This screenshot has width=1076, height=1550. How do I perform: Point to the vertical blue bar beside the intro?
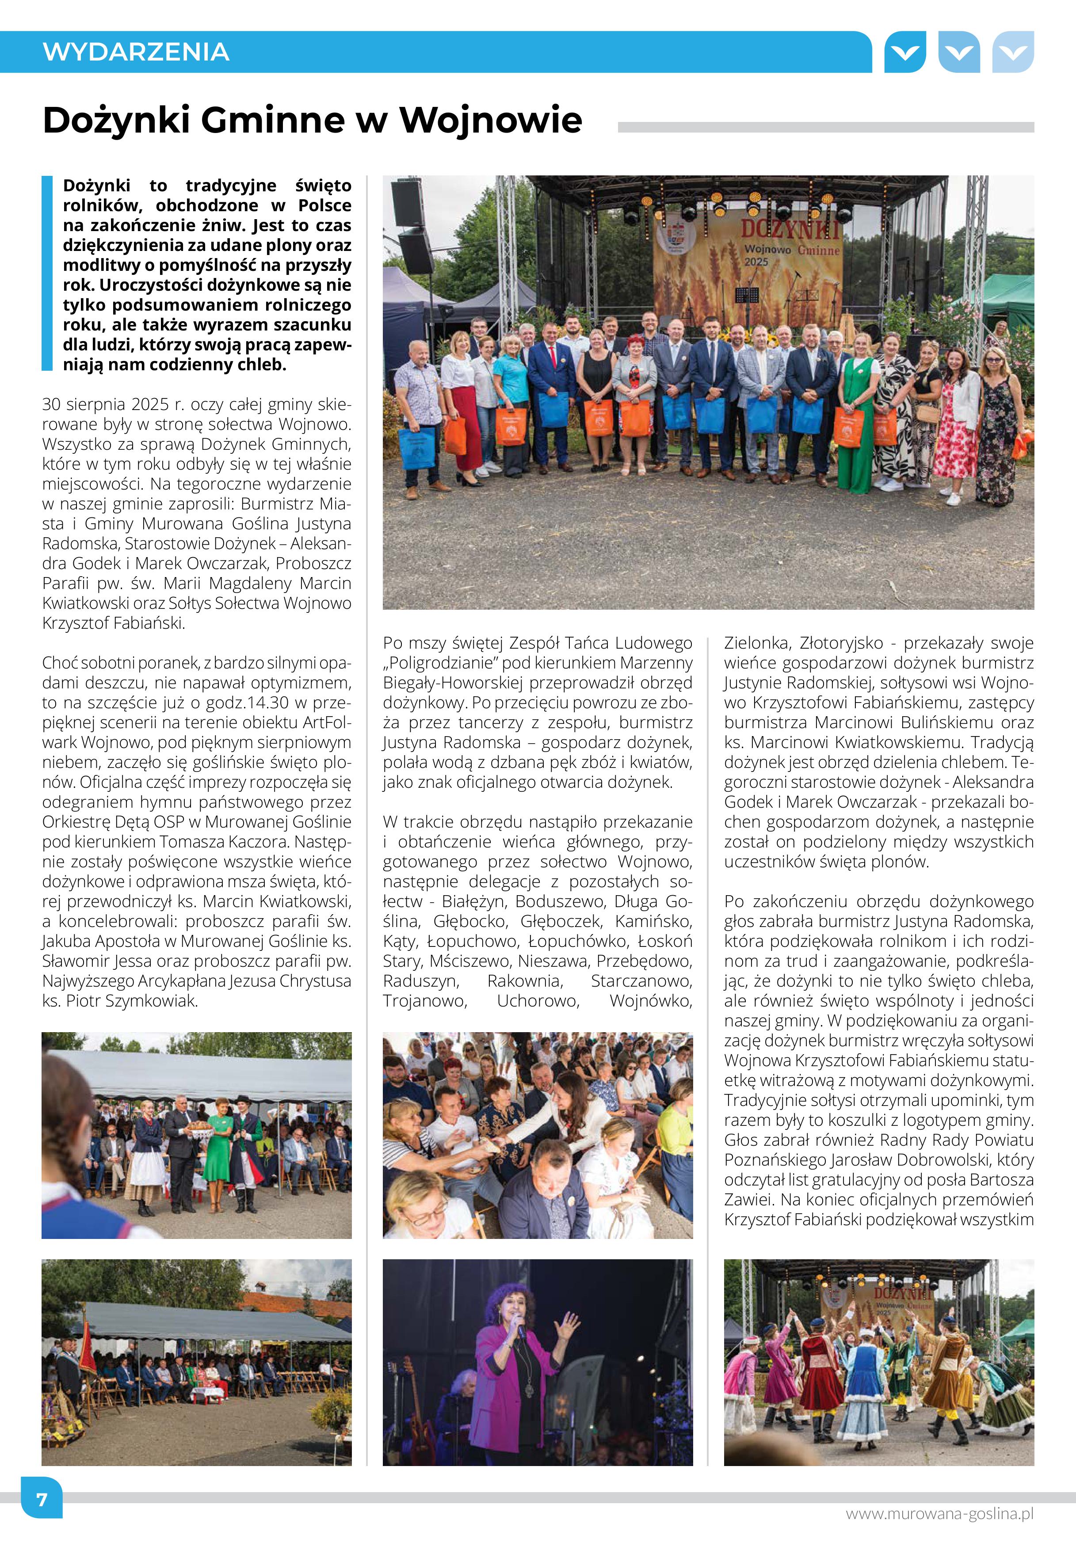tap(46, 273)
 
